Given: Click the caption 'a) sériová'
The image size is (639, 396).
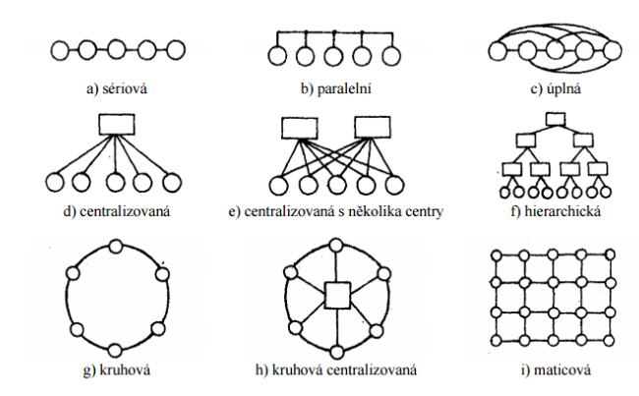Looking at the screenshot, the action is pyautogui.click(x=117, y=88).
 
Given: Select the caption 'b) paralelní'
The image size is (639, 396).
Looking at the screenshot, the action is pyautogui.click(x=336, y=88).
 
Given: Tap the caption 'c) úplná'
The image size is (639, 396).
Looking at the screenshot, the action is pyautogui.click(x=555, y=88).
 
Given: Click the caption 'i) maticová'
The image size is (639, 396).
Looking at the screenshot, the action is pyautogui.click(x=555, y=369).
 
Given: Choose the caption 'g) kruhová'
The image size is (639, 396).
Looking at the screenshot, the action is pyautogui.click(x=117, y=369).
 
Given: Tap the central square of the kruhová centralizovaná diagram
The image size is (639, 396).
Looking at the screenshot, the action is pyautogui.click(x=337, y=296).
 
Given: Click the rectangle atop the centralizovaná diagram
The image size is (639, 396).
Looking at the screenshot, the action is pyautogui.click(x=117, y=124).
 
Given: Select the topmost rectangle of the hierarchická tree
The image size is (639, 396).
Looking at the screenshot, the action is pyautogui.click(x=555, y=119).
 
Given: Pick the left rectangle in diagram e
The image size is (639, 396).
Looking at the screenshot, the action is pyautogui.click(x=300, y=128).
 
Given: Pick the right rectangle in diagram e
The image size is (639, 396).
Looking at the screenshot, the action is pyautogui.click(x=373, y=127).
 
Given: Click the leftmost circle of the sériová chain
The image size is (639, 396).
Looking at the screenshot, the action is pyautogui.click(x=60, y=51).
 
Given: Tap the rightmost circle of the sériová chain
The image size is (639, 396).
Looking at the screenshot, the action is pyautogui.click(x=176, y=50).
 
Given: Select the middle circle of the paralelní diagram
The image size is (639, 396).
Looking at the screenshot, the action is pyautogui.click(x=334, y=56).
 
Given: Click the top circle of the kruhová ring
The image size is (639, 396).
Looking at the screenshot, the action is pyautogui.click(x=116, y=247).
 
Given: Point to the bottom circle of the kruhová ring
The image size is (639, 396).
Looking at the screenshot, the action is pyautogui.click(x=115, y=351).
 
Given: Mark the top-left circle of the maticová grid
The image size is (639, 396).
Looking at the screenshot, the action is pyautogui.click(x=495, y=255).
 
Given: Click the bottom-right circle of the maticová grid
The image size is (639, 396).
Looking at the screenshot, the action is pyautogui.click(x=610, y=340).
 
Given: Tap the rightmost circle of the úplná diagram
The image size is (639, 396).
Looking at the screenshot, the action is pyautogui.click(x=612, y=51).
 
